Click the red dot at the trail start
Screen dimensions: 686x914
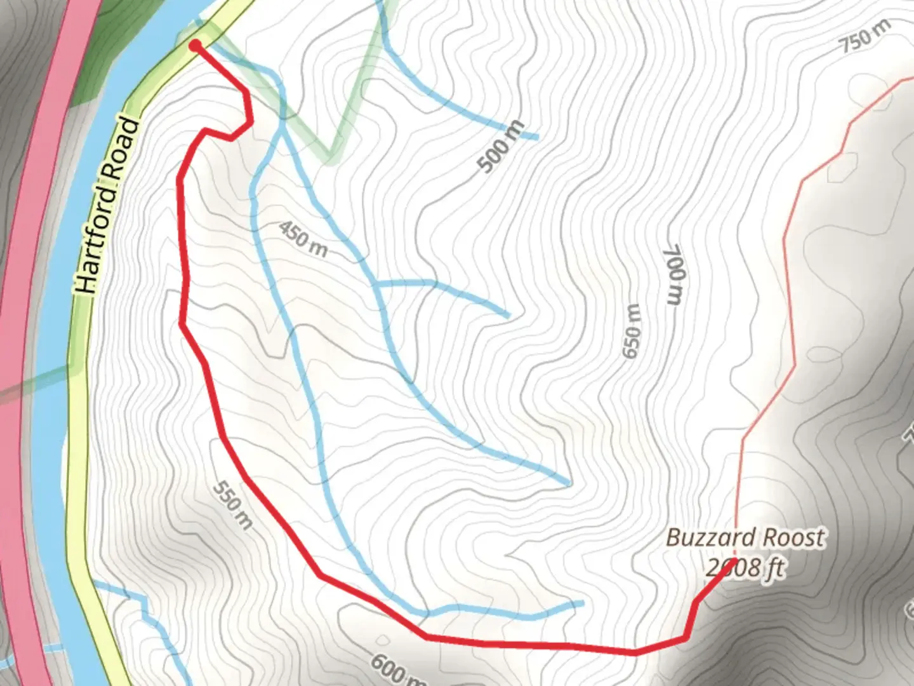click(x=195, y=44)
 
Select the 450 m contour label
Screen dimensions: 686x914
click(x=303, y=239)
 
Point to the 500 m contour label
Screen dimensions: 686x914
click(x=501, y=147)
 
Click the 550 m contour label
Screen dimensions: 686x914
click(x=233, y=505)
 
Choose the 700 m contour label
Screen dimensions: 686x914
click(x=674, y=274)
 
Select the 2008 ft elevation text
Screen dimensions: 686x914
click(x=746, y=567)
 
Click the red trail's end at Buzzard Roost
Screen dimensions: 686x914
click(x=733, y=562)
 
